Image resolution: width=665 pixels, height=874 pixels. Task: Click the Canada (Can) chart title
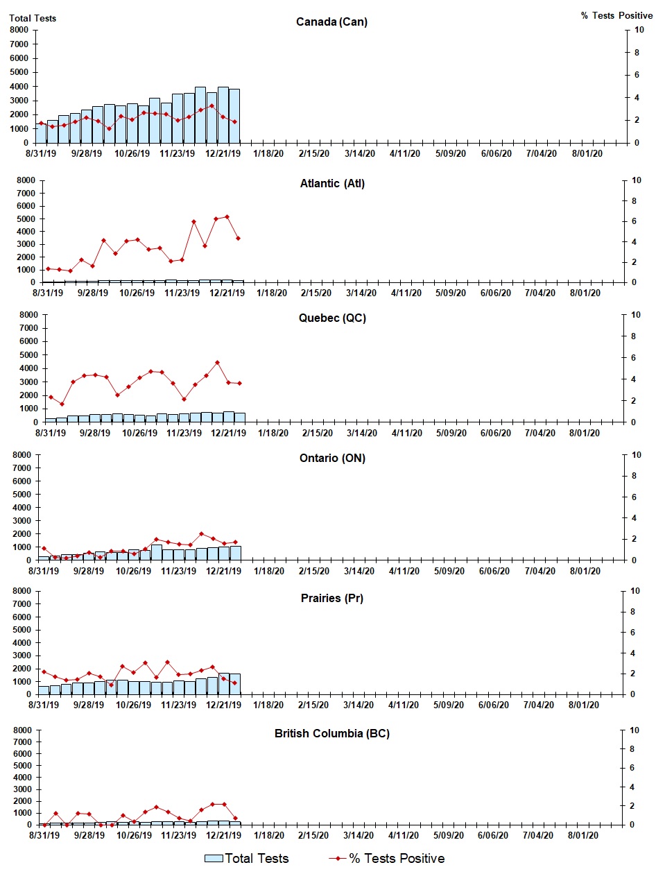tap(331, 22)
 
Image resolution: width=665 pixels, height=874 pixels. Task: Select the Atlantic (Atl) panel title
tap(332, 183)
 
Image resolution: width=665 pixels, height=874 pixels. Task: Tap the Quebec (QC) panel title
tap(332, 318)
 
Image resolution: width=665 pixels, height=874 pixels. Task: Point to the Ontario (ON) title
tap(332, 458)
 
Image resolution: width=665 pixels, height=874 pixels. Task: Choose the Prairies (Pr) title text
tap(331, 598)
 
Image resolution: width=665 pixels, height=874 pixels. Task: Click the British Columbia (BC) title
tap(331, 733)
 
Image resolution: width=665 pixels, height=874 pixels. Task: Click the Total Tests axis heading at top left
tap(33, 18)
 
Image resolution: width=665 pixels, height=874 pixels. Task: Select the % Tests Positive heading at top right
tap(616, 15)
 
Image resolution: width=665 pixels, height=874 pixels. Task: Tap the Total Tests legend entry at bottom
tap(248, 859)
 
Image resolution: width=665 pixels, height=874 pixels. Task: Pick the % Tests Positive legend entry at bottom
tap(387, 859)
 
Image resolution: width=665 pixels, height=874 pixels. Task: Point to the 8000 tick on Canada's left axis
tap(19, 30)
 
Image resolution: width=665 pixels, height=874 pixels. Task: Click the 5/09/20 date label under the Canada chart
tap(450, 153)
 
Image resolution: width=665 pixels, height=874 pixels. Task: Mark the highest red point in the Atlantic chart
tap(227, 217)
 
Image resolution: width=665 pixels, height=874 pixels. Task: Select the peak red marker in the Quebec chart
tap(217, 362)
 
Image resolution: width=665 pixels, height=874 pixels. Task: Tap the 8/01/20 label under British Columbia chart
tap(583, 835)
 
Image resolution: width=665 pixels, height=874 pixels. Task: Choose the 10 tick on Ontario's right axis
tap(636, 455)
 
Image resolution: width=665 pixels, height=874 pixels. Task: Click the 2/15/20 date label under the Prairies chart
tap(313, 705)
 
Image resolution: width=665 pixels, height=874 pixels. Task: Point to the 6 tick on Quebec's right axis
tap(635, 358)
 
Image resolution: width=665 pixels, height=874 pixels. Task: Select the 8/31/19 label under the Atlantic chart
tap(48, 293)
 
